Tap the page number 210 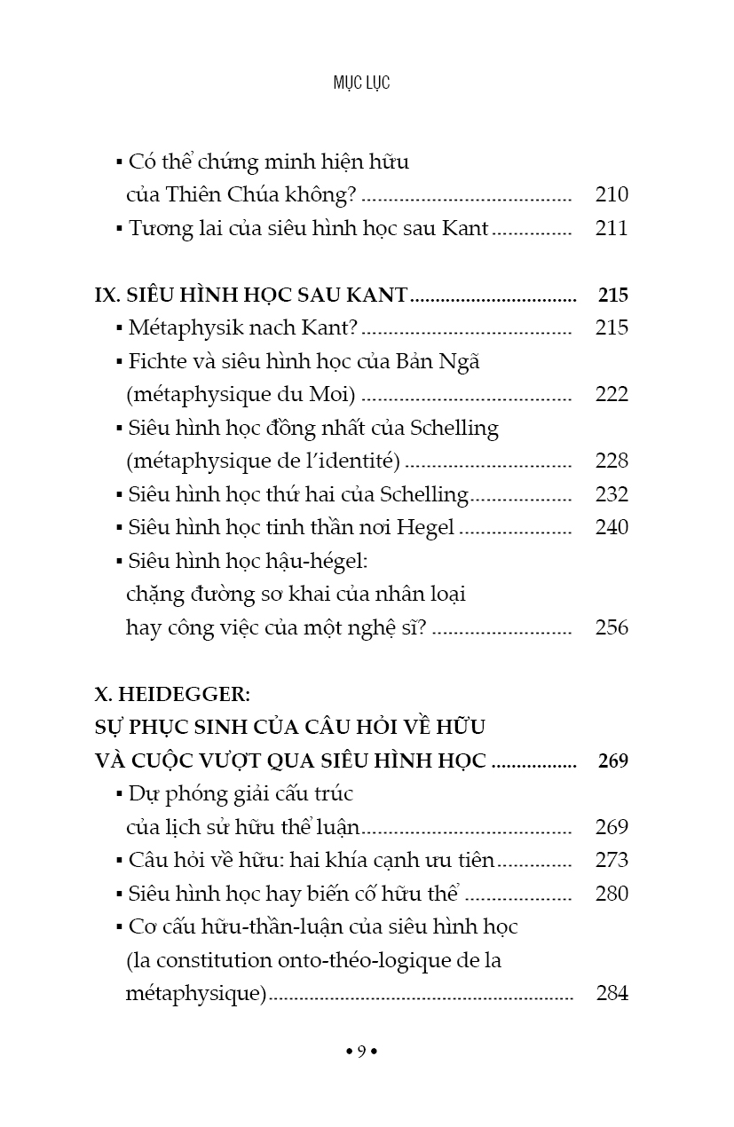612,195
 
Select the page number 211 612,228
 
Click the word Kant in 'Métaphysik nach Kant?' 329,328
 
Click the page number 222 612,394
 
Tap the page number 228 612,461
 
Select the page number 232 612,494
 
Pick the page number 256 612,627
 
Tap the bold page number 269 612,761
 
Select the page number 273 612,860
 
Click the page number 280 612,894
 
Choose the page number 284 612,993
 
